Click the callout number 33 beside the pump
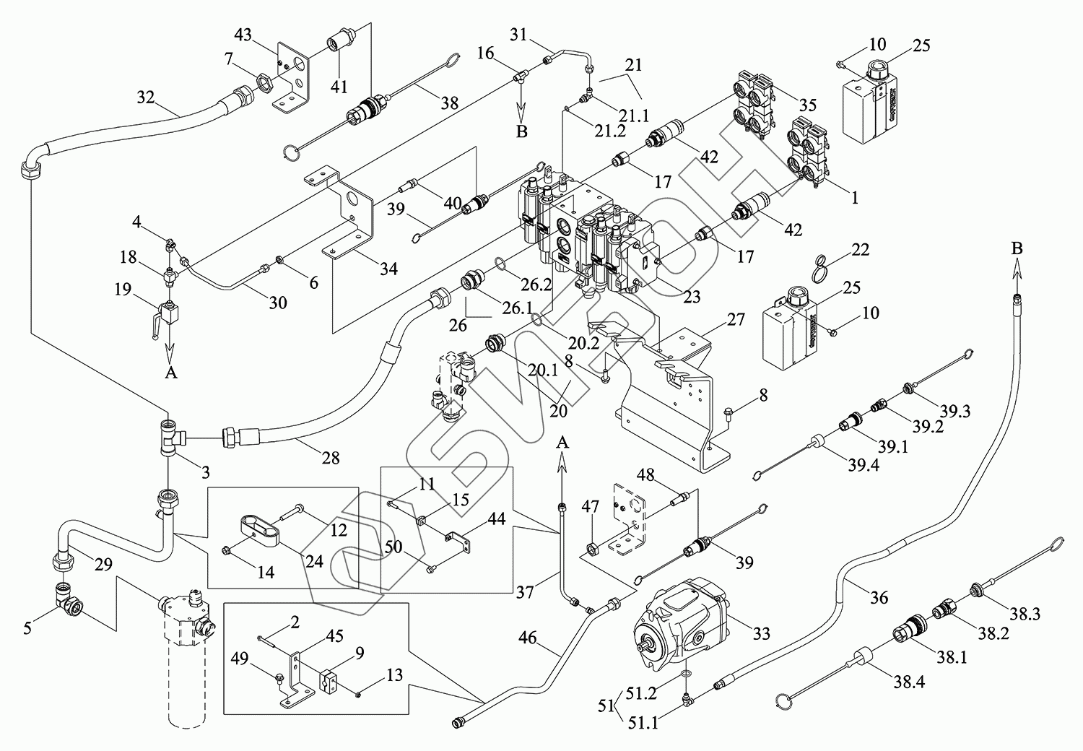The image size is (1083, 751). [x=761, y=634]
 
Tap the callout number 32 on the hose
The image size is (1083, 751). [x=145, y=97]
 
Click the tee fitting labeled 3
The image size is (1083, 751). [x=170, y=437]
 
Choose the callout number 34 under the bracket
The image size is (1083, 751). [x=388, y=269]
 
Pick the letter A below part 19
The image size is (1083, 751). [x=170, y=373]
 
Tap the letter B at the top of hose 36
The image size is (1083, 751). [x=1017, y=248]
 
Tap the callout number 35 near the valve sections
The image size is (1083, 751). [x=806, y=105]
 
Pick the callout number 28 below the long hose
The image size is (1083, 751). [x=329, y=457]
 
